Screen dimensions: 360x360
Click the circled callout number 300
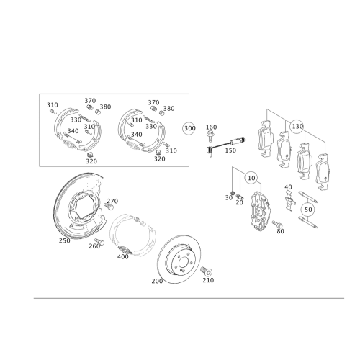pos(189,128)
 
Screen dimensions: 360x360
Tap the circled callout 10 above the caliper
pos(251,175)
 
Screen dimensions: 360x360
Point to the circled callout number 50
pos(308,210)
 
